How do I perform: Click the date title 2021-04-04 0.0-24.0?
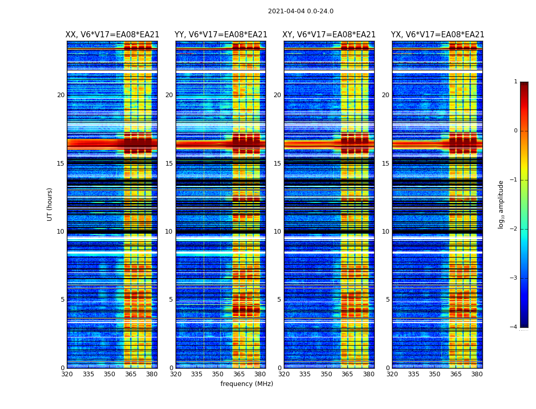click(x=301, y=11)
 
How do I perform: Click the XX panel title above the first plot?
click(x=112, y=35)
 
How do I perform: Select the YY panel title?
click(x=221, y=35)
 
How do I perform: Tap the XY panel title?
click(x=329, y=35)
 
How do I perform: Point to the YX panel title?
click(x=437, y=35)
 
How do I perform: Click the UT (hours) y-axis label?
click(x=50, y=204)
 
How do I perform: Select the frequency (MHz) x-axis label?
click(x=247, y=384)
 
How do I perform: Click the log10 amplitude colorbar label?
click(x=501, y=204)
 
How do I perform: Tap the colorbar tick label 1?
click(x=516, y=82)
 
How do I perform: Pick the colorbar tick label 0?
click(x=516, y=131)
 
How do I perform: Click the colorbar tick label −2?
click(x=515, y=229)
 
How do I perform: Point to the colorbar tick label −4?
click(x=515, y=327)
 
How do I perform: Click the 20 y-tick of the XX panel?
click(x=61, y=95)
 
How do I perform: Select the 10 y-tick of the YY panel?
click(x=169, y=232)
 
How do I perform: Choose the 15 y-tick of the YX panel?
click(x=386, y=164)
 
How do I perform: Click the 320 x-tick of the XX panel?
click(x=67, y=374)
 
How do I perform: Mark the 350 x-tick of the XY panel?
click(x=326, y=374)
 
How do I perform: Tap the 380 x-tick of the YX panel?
click(x=477, y=374)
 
